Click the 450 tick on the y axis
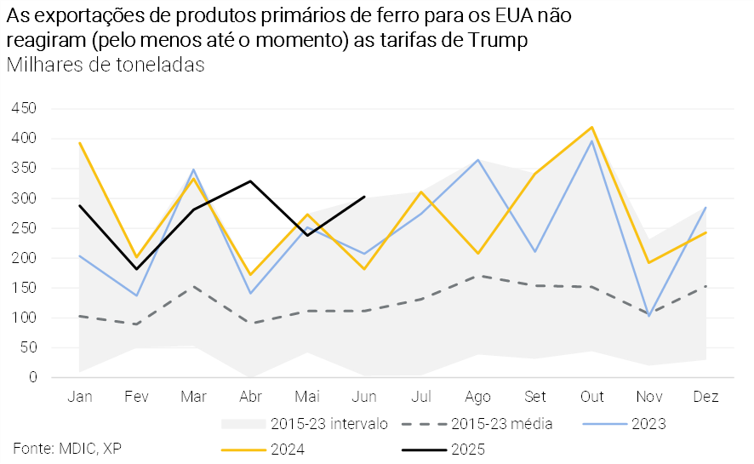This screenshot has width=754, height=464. [x=24, y=109]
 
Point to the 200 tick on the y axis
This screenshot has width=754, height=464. [x=24, y=259]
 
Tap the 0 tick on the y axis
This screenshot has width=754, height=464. [x=33, y=378]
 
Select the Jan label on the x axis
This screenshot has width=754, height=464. [x=80, y=398]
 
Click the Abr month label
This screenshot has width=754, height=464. [x=251, y=398]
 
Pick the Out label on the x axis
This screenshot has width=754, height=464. [x=592, y=398]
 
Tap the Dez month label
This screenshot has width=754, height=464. [x=706, y=398]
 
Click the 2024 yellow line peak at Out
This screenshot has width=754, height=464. [x=592, y=128]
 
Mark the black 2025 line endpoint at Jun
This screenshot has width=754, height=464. [x=364, y=197]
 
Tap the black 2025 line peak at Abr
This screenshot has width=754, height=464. [x=251, y=181]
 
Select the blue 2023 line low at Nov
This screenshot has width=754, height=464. [x=649, y=316]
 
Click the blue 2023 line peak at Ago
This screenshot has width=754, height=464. [x=478, y=160]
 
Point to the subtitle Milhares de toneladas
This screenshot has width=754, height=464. [x=106, y=66]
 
